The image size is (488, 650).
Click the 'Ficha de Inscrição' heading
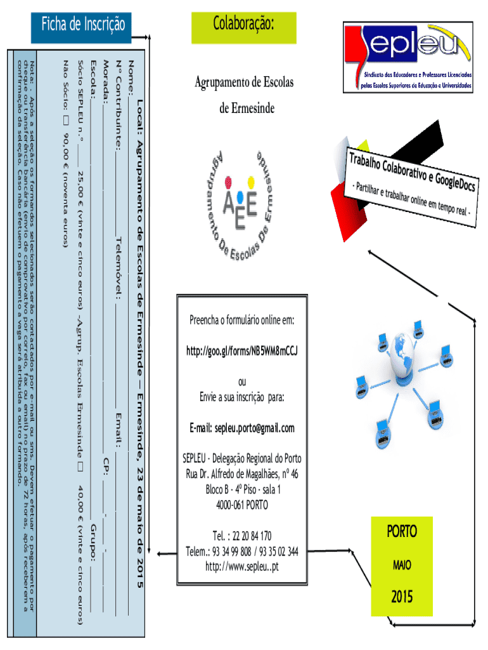[83, 25]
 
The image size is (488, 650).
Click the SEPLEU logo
[408, 56]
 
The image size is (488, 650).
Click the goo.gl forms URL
[242, 350]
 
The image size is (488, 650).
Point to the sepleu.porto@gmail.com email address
[242, 428]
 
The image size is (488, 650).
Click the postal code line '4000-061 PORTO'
[241, 505]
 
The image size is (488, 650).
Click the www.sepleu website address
[242, 566]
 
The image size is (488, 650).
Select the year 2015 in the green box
[402, 596]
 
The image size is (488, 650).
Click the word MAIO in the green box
[402, 564]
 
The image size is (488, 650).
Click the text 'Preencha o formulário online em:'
[242, 319]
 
